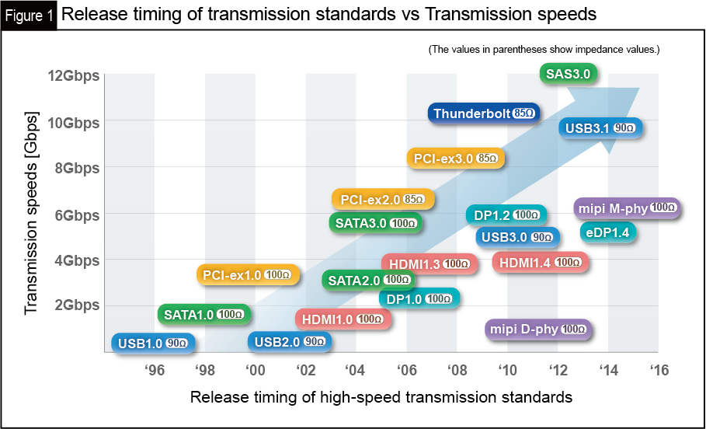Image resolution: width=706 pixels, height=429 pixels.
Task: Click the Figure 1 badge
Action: pyautogui.click(x=28, y=15)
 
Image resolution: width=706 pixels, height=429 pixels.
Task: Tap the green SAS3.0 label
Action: pyautogui.click(x=569, y=74)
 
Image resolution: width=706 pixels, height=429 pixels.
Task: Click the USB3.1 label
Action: pyautogui.click(x=600, y=127)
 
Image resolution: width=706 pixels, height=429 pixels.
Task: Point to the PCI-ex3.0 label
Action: pyautogui.click(x=456, y=159)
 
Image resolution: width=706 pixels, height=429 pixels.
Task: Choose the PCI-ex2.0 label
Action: pyautogui.click(x=383, y=200)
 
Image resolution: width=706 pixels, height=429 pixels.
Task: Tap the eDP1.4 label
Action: pyautogui.click(x=609, y=232)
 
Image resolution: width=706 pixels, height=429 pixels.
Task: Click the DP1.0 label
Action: pyautogui.click(x=419, y=298)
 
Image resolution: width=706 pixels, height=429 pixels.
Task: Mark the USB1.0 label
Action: pyautogui.click(x=151, y=343)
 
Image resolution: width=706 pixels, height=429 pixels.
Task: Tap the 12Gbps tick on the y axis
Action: pyautogui.click(x=73, y=75)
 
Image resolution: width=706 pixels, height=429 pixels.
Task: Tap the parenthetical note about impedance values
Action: pyautogui.click(x=544, y=50)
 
